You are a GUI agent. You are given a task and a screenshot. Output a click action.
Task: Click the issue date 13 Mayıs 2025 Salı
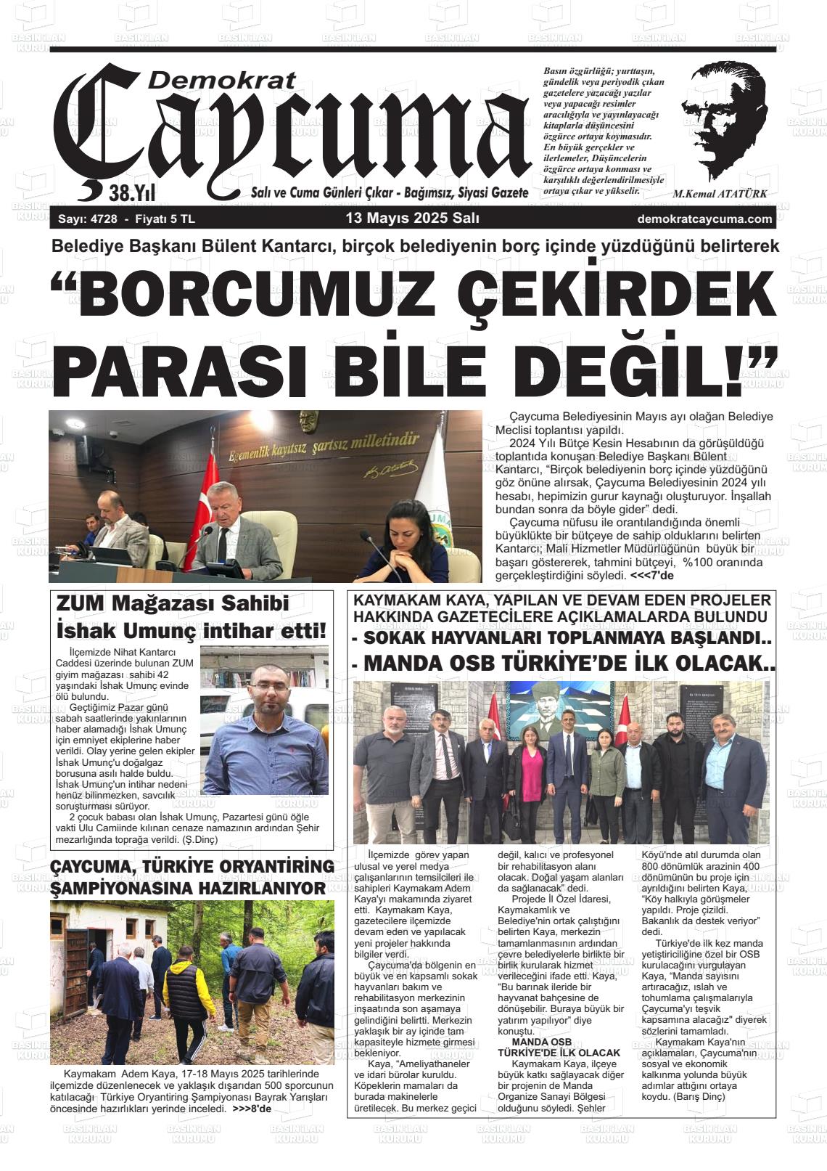412,219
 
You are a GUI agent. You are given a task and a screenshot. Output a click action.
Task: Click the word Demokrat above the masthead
221,79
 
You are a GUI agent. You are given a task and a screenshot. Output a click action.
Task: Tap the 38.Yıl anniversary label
132,193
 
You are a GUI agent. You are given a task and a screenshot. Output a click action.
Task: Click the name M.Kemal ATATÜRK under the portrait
720,195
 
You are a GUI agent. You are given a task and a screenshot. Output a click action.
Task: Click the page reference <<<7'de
651,576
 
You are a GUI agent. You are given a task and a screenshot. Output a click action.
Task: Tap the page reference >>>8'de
252,1110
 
